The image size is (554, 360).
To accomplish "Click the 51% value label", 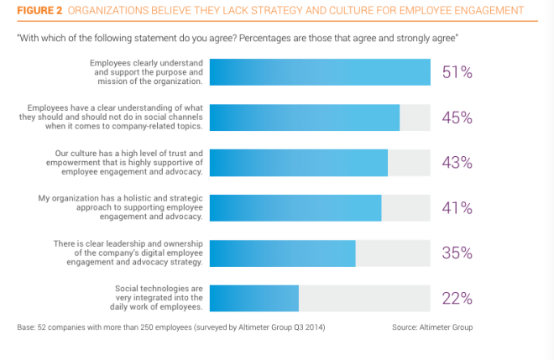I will point(457,73).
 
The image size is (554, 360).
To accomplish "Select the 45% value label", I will point(457,118).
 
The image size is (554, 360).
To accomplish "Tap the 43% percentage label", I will point(457,163).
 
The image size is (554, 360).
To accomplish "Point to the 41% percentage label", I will point(457,208).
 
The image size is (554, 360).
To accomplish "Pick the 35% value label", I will point(457,253).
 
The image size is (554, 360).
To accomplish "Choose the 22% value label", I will point(457,298).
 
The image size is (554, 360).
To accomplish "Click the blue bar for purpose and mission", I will point(320,73).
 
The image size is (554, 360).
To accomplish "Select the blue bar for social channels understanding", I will point(304,118).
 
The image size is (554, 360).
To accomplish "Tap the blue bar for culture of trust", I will point(298,163).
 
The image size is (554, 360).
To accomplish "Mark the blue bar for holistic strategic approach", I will point(295,208).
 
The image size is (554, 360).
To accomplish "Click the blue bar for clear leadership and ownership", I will point(282,253).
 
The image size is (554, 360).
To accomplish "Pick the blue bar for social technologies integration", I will point(254,298).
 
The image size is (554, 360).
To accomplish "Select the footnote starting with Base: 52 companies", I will point(170,326).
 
